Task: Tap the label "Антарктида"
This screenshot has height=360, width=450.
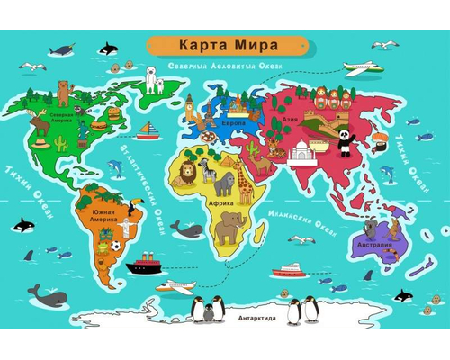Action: click(x=256, y=318)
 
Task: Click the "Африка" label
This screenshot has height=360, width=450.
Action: click(x=222, y=204)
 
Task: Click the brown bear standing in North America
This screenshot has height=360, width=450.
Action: click(x=64, y=91)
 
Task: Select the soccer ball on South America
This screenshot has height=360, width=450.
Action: click(x=116, y=245)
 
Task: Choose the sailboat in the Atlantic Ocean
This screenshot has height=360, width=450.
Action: click(x=148, y=132)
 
